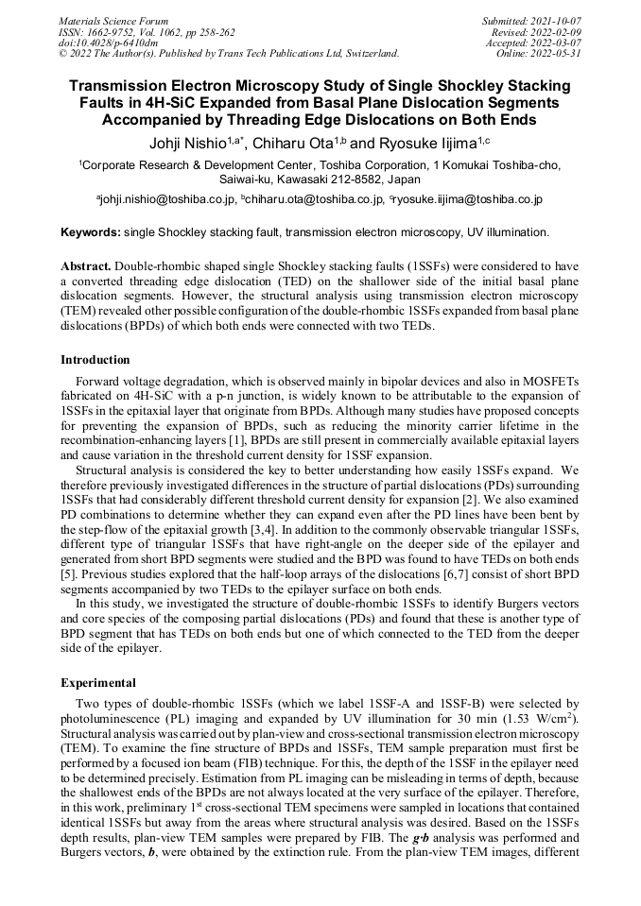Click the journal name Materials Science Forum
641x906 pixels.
click(x=113, y=20)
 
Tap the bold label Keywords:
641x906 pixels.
click(x=90, y=231)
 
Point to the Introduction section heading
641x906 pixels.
click(x=95, y=360)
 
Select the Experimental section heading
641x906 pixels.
click(x=98, y=682)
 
